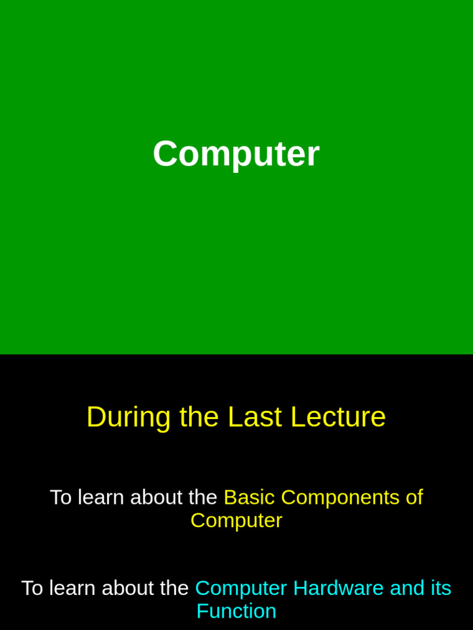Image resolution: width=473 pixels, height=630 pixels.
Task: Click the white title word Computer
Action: pyautogui.click(x=236, y=154)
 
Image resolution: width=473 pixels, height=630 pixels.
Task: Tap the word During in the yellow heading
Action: pyautogui.click(x=128, y=417)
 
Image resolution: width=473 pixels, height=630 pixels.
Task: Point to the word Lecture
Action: pyautogui.click(x=338, y=417)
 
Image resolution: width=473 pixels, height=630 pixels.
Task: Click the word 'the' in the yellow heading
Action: pyautogui.click(x=199, y=417)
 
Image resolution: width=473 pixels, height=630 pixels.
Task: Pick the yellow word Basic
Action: pyautogui.click(x=249, y=497)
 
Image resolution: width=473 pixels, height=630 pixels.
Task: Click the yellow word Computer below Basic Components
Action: pyautogui.click(x=236, y=520)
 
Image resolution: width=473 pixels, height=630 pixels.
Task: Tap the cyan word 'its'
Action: pyautogui.click(x=440, y=588)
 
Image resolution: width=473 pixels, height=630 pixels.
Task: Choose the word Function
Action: pyautogui.click(x=236, y=612)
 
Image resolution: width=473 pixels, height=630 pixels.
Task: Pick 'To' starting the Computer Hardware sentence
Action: pyautogui.click(x=32, y=588)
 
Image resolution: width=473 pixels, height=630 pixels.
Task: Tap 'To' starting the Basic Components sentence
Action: pyautogui.click(x=60, y=497)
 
